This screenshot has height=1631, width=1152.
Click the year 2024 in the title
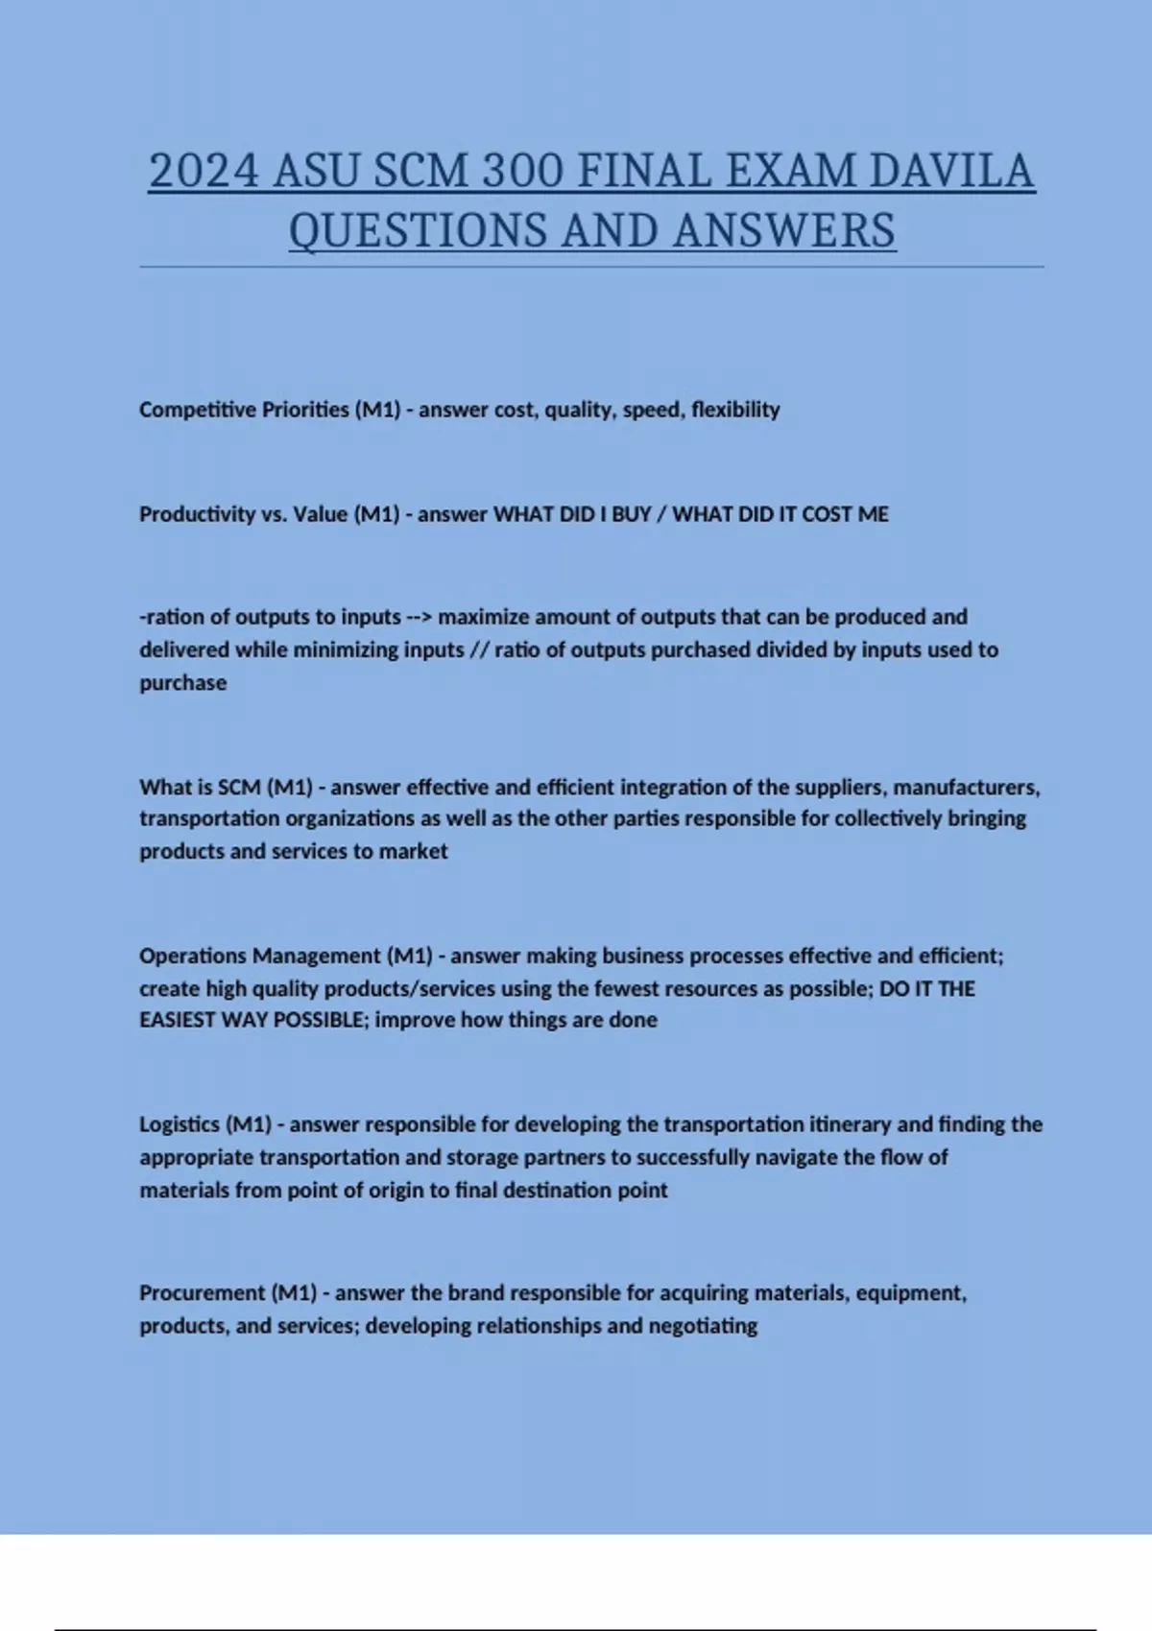[x=204, y=172]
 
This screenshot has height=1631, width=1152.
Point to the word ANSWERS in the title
[x=784, y=231]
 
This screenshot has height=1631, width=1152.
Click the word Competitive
[x=196, y=410]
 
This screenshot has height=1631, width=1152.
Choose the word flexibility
[x=735, y=410]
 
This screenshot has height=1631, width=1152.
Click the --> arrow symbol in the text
[x=419, y=617]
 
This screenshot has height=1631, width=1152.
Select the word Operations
[x=192, y=957]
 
